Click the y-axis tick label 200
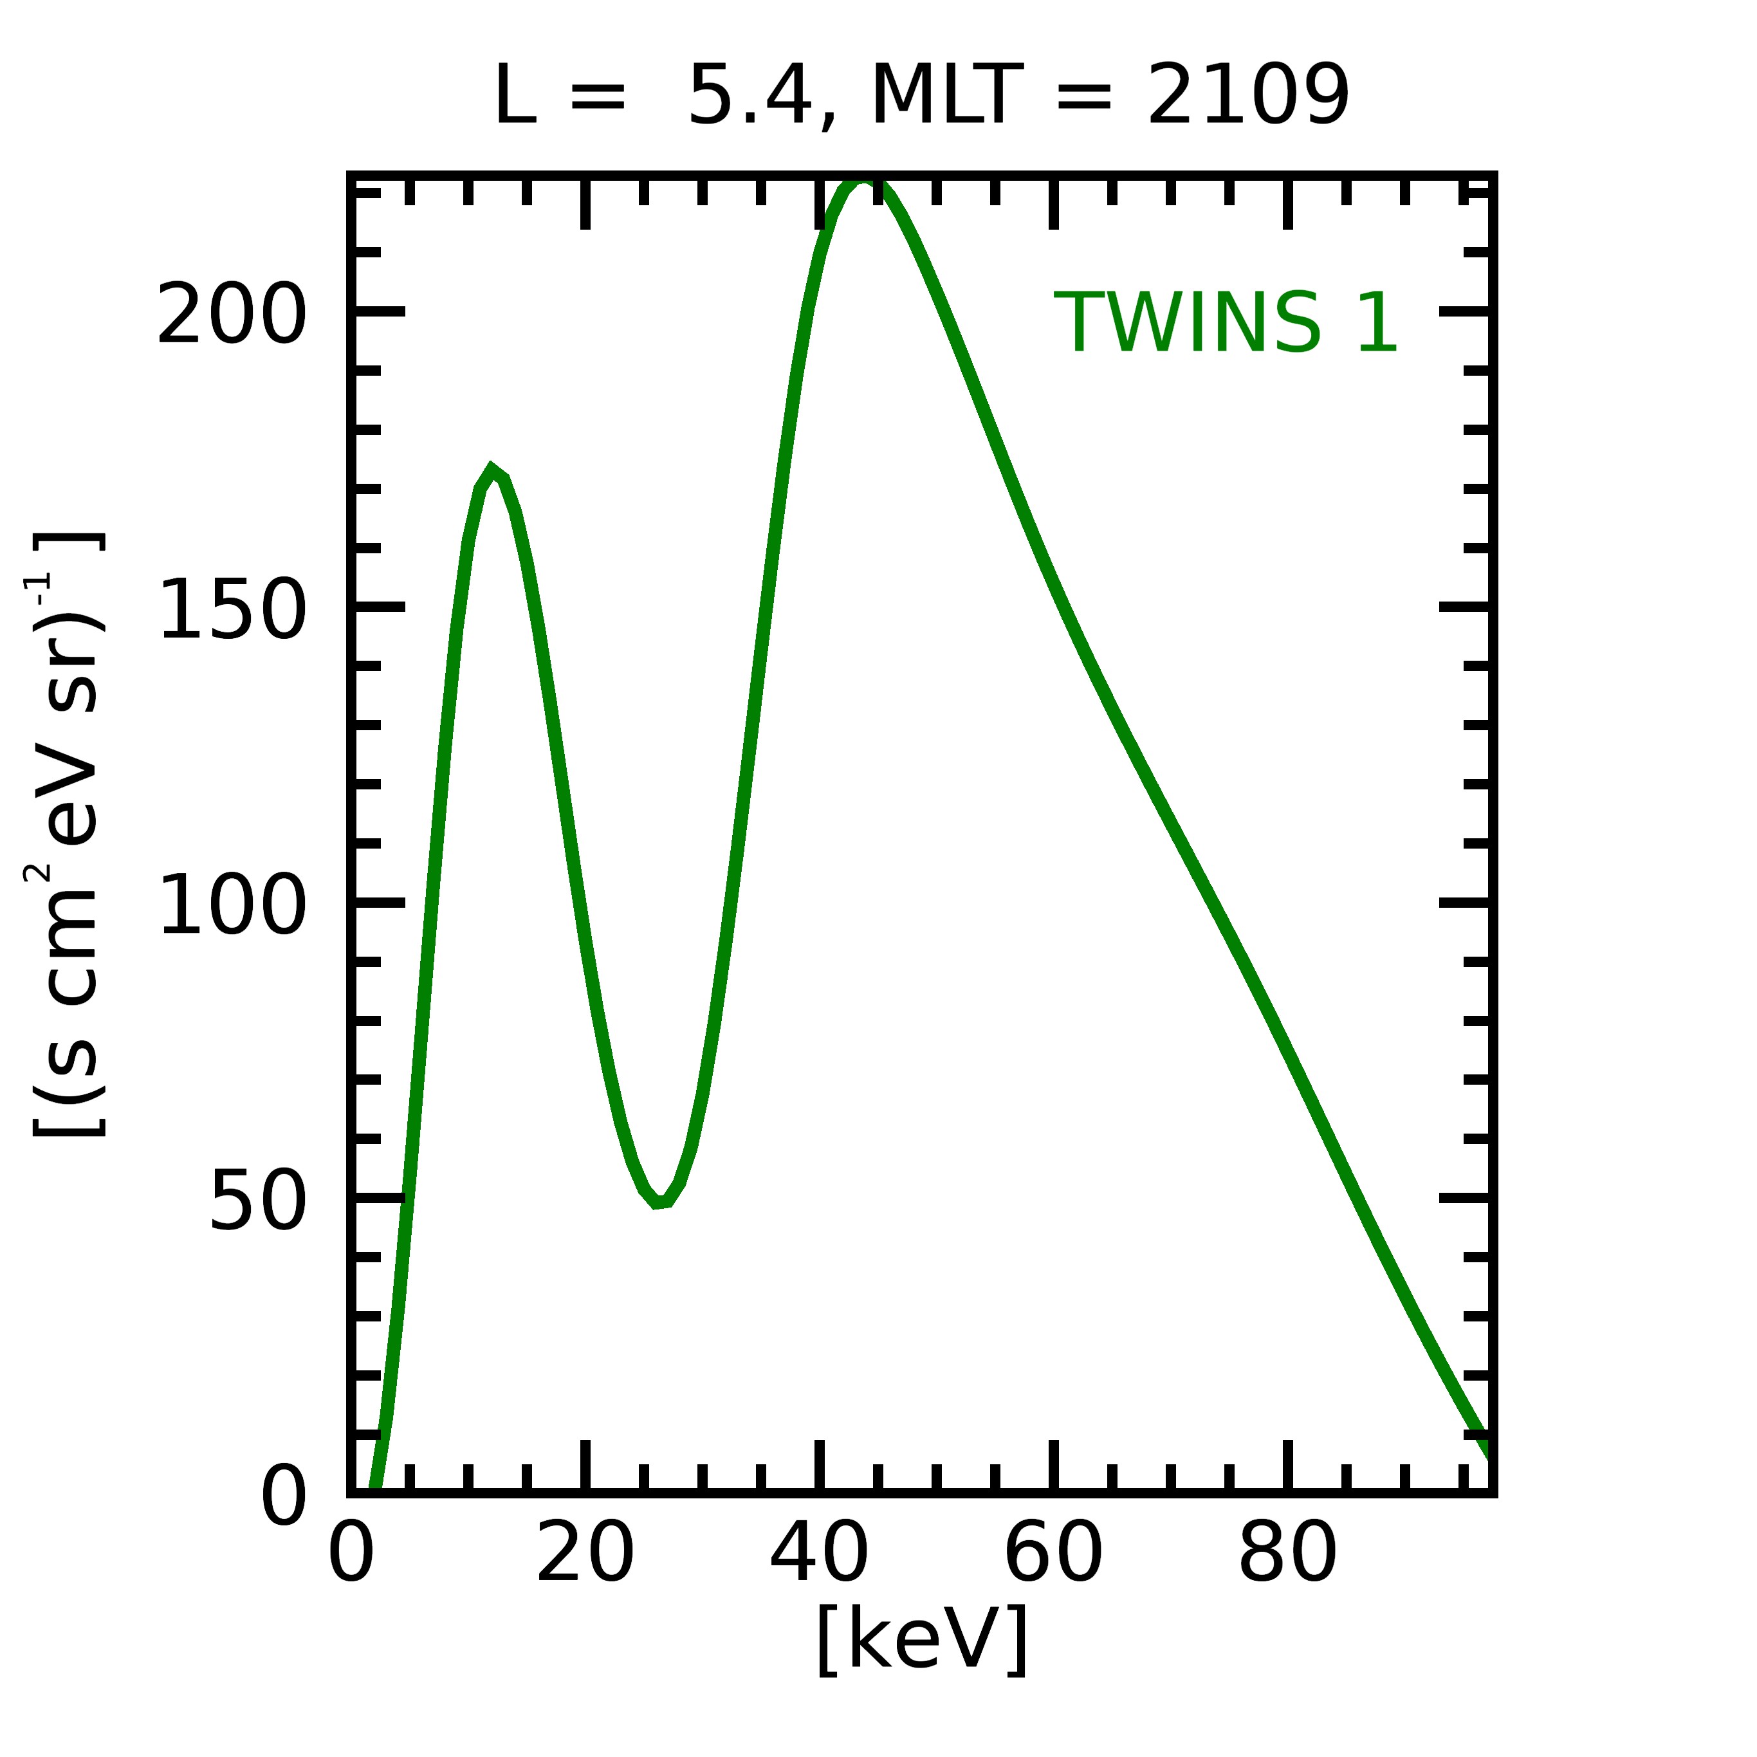tap(232, 314)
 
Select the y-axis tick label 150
tap(232, 609)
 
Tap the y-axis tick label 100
tap(232, 904)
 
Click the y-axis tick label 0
tap(284, 1496)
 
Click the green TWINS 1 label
tap(1225, 323)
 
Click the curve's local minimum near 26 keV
tap(659, 1202)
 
